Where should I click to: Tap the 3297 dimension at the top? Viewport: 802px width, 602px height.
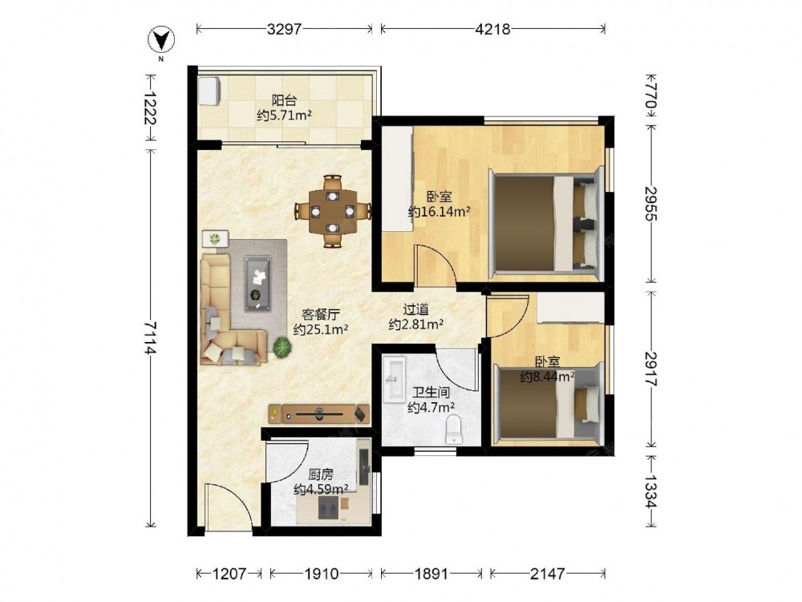tap(285, 29)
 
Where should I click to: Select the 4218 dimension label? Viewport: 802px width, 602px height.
tap(492, 29)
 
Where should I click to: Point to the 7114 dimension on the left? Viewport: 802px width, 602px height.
tap(150, 338)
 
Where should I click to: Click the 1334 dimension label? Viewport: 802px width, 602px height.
tap(650, 491)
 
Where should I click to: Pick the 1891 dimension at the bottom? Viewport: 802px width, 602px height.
tap(431, 574)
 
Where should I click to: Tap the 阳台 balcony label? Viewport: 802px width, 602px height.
tap(284, 100)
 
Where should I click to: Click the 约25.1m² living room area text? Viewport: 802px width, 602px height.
tap(321, 329)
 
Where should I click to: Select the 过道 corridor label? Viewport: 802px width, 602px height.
tap(415, 309)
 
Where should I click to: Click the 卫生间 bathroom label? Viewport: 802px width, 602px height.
tap(431, 393)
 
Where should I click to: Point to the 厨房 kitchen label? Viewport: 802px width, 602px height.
tap(321, 474)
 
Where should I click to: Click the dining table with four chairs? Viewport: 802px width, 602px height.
tap(333, 211)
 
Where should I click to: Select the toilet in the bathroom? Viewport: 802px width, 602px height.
tap(454, 429)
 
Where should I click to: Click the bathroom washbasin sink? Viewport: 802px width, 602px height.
tap(394, 380)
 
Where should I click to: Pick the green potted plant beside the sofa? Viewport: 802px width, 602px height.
tap(282, 348)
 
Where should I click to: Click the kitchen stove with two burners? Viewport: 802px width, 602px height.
tap(328, 507)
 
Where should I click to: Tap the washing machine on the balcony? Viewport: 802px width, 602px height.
tap(209, 92)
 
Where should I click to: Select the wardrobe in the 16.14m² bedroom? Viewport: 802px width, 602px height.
tap(398, 179)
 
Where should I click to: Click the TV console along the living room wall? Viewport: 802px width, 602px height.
tap(320, 413)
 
